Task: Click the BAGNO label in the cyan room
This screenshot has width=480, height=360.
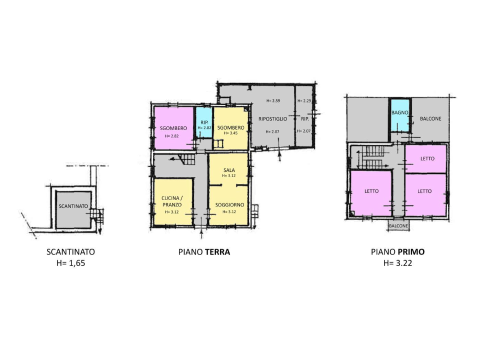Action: pyautogui.click(x=399, y=113)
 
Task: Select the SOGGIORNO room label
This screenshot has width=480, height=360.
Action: pyautogui.click(x=229, y=205)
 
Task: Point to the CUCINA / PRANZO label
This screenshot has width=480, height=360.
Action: pyautogui.click(x=171, y=201)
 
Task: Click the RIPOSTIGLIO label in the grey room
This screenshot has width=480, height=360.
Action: pyautogui.click(x=272, y=118)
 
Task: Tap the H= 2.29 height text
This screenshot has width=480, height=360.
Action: pyautogui.click(x=304, y=101)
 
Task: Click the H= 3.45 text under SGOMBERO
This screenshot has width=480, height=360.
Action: pyautogui.click(x=230, y=133)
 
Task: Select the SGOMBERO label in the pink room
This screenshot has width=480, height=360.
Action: pyautogui.click(x=173, y=128)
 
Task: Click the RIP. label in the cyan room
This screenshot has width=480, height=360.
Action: pyautogui.click(x=204, y=122)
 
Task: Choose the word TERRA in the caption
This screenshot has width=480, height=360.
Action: pyautogui.click(x=217, y=252)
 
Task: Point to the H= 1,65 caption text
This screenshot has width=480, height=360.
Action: pyautogui.click(x=70, y=263)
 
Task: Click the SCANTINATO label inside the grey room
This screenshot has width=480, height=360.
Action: pyautogui.click(x=73, y=206)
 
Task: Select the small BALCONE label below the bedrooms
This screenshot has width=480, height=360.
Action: pyautogui.click(x=398, y=226)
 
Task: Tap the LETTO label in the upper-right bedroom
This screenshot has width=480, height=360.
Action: pyautogui.click(x=427, y=158)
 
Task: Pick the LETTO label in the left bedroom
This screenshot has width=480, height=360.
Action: pyautogui.click(x=371, y=191)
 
